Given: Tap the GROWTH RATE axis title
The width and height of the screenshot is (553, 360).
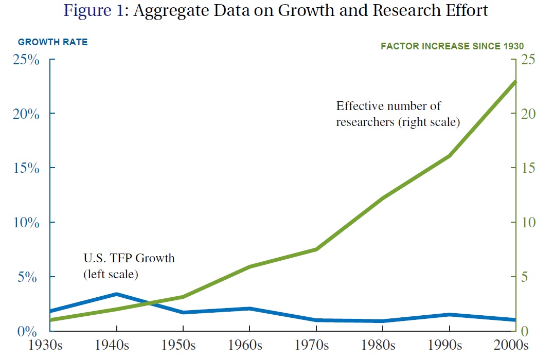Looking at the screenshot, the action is click(x=53, y=42).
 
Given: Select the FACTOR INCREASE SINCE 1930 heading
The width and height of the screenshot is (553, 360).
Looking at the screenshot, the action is click(x=452, y=46).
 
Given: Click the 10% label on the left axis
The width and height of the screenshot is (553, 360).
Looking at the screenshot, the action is click(x=26, y=223).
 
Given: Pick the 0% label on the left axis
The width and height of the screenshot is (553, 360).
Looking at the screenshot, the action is click(x=27, y=331).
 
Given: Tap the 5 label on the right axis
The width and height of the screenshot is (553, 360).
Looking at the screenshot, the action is click(x=524, y=277).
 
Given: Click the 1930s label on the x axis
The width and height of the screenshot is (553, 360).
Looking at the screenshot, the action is click(x=45, y=345).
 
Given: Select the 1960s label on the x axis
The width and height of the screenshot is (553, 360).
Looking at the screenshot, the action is click(x=245, y=345).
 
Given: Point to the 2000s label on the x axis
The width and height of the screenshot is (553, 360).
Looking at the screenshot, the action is click(x=511, y=345).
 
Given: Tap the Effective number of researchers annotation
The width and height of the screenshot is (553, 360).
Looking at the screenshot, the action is click(x=398, y=114).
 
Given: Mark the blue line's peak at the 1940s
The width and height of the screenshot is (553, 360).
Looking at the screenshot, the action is click(x=116, y=294).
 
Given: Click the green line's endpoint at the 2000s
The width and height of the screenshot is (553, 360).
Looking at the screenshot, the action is click(x=515, y=82).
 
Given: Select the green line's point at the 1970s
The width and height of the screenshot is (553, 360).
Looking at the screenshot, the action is click(x=316, y=249).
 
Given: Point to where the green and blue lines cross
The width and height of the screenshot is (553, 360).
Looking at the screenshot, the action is click(x=150, y=302).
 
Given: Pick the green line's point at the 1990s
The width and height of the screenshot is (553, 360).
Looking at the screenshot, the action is click(x=449, y=155).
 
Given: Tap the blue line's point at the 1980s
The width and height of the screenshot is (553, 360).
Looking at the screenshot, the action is click(x=383, y=321).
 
